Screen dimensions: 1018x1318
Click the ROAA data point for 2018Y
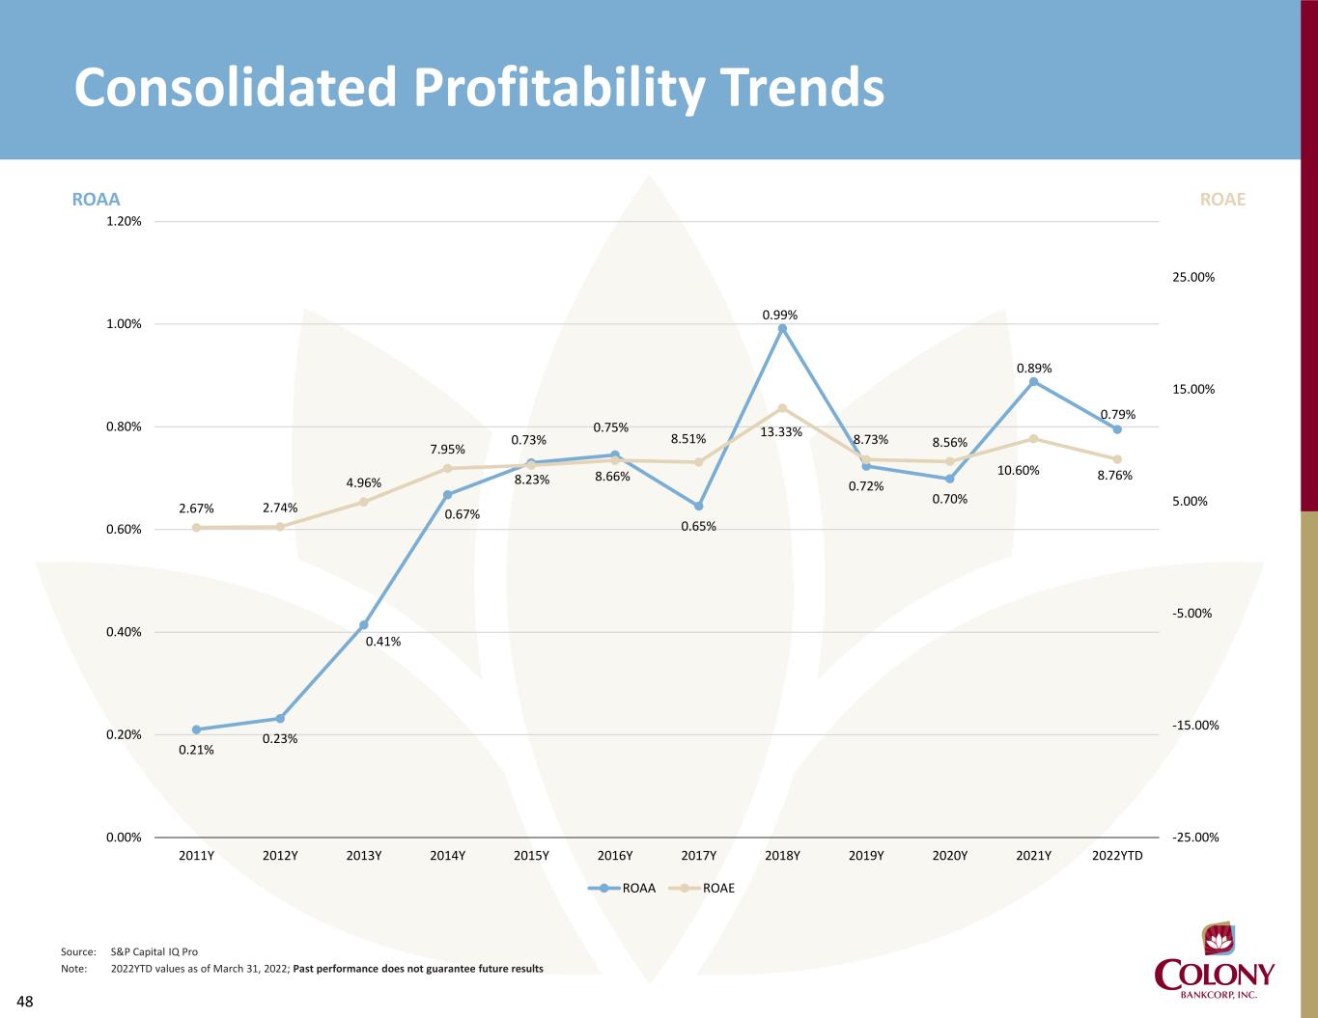click(782, 328)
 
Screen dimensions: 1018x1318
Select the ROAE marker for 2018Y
click(782, 408)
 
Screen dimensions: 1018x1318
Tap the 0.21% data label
click(196, 750)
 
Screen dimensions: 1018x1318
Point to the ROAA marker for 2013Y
click(364, 625)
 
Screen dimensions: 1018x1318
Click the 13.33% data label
click(781, 432)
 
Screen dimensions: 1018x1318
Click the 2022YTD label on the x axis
click(1117, 856)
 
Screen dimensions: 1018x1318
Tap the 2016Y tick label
click(615, 856)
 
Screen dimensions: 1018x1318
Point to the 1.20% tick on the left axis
click(124, 221)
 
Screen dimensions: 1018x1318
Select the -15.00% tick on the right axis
click(1195, 726)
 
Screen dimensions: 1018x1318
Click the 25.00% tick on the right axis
click(1194, 278)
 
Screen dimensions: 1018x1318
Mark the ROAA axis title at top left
click(97, 200)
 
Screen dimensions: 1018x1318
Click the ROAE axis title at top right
click(1222, 200)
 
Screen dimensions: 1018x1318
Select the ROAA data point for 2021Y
click(1033, 381)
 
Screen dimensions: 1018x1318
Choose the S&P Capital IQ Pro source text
click(154, 952)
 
